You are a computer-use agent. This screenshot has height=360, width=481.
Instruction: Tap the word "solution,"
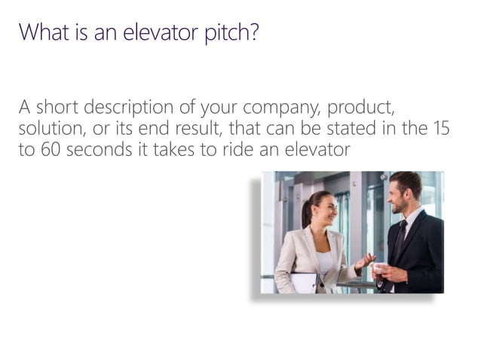point(51,129)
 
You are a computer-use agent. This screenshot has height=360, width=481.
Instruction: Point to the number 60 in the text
point(49,150)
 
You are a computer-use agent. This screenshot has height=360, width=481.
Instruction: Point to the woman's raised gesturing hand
point(366,261)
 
